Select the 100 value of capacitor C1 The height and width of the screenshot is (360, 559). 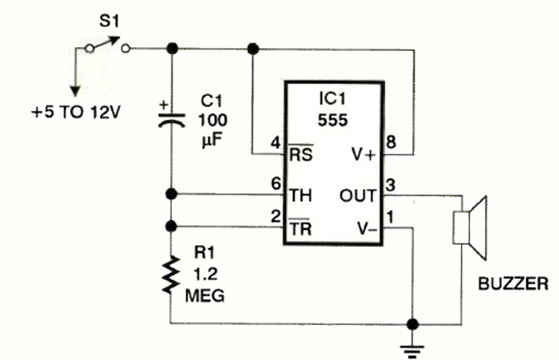click(x=213, y=121)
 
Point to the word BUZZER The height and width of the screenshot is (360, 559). click(x=514, y=284)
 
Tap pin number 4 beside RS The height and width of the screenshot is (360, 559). click(x=276, y=144)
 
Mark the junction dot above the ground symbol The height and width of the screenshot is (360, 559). click(x=415, y=324)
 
